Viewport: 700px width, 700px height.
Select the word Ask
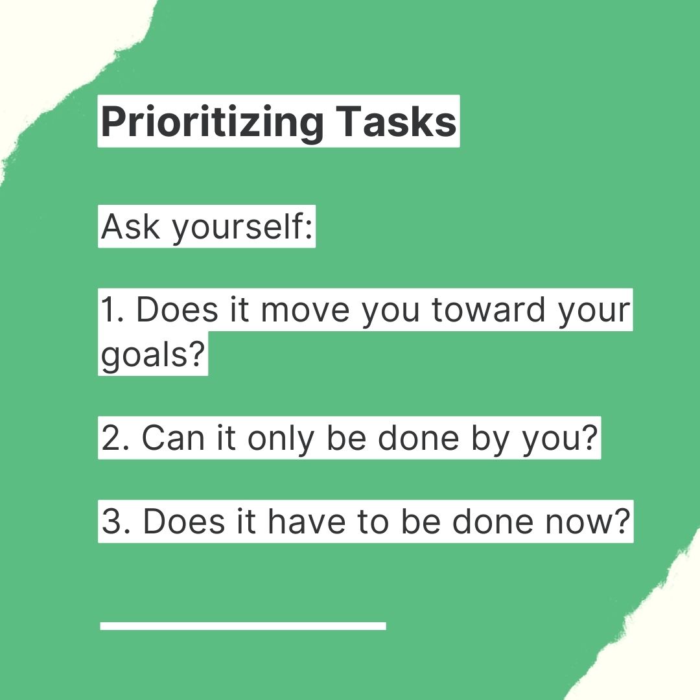pyautogui.click(x=128, y=226)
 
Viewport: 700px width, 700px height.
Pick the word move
pyautogui.click(x=307, y=310)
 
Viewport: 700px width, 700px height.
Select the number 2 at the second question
pyautogui.click(x=112, y=438)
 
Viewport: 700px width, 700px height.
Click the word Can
pyautogui.click(x=170, y=438)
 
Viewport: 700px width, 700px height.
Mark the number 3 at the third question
pyautogui.click(x=112, y=521)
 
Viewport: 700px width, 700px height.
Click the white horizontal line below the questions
pyautogui.click(x=243, y=625)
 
